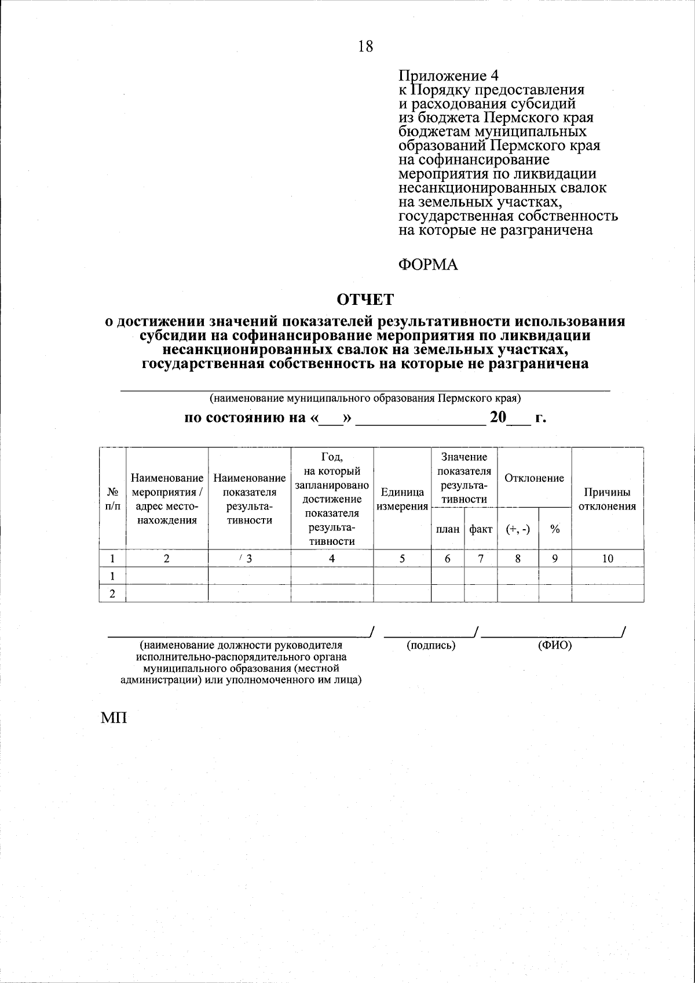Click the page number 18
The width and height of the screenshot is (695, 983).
(365, 46)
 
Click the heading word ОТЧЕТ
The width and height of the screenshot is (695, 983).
(365, 299)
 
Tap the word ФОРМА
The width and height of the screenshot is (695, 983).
(428, 265)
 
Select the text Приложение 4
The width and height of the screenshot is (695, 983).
(448, 76)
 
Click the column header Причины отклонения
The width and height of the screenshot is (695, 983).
(608, 499)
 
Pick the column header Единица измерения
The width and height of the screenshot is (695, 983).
(403, 499)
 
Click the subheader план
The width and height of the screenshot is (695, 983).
(448, 529)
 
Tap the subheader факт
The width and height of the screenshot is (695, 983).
(481, 529)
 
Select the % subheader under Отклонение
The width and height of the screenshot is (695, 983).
(555, 529)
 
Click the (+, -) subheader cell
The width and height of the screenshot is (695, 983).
(518, 529)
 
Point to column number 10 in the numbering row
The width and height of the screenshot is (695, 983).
(608, 558)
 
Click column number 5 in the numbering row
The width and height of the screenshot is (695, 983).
(403, 558)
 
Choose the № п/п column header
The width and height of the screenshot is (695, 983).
(113, 499)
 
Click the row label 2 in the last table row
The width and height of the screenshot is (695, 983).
(112, 594)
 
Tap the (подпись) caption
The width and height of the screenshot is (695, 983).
(431, 645)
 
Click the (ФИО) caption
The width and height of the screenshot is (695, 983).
(554, 645)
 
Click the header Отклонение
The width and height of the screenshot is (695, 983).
(534, 478)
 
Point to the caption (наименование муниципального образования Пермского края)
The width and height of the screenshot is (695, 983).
(365, 399)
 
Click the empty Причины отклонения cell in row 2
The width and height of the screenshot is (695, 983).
(608, 594)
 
